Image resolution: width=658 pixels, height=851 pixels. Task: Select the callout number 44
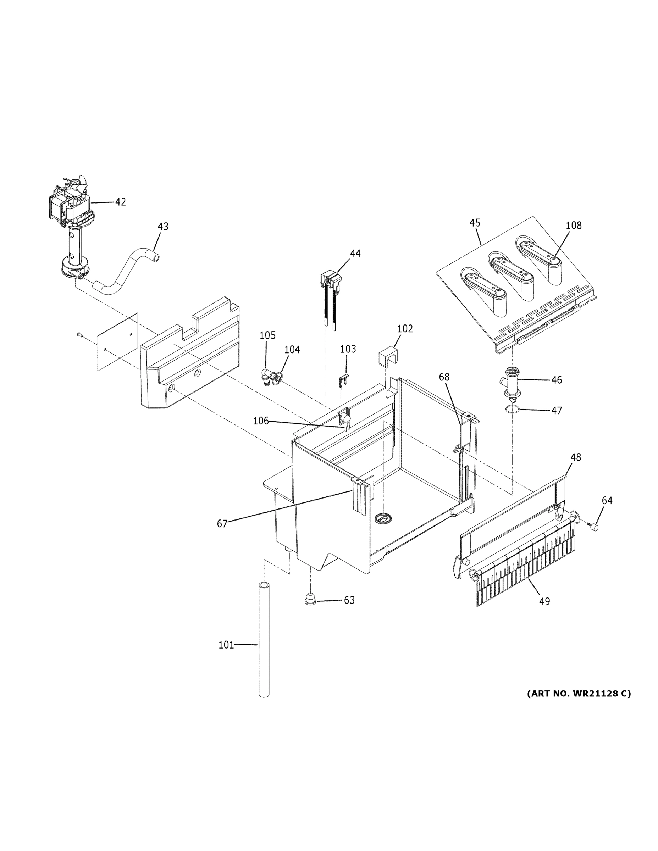355,253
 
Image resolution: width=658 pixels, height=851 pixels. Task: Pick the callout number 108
573,225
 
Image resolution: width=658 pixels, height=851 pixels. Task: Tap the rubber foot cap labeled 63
311,599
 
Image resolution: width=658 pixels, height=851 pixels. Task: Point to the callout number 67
222,524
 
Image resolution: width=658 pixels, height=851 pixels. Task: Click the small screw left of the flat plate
79,334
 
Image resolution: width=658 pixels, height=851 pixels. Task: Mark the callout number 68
444,377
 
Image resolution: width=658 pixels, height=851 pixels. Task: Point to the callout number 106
261,421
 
